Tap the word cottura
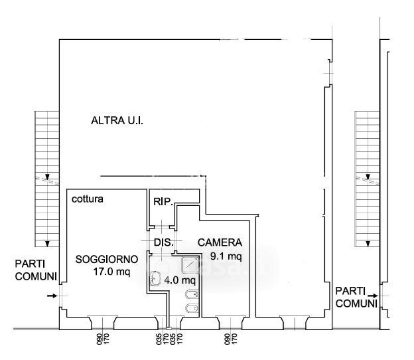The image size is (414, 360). tap(88, 199)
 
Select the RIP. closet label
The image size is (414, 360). tap(163, 201)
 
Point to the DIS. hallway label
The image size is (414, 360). tap(163, 242)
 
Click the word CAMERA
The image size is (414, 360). tap(220, 242)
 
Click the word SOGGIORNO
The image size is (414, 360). tap(106, 259)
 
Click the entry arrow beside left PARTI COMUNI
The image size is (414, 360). tap(53, 295)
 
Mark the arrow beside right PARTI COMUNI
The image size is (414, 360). tap(375, 296)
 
